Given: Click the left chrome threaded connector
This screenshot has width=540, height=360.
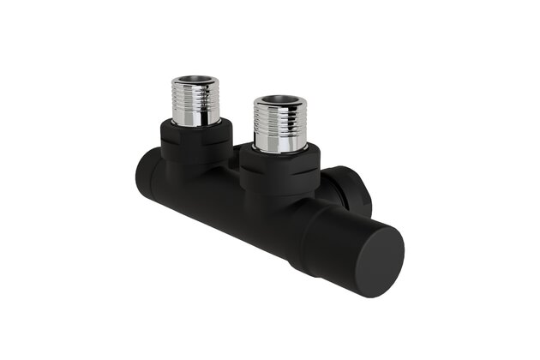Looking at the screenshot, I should (x=195, y=101).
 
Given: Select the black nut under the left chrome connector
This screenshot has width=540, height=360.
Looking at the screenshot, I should (x=195, y=141).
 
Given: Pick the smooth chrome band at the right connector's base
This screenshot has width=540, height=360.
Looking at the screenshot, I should (x=280, y=144).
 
